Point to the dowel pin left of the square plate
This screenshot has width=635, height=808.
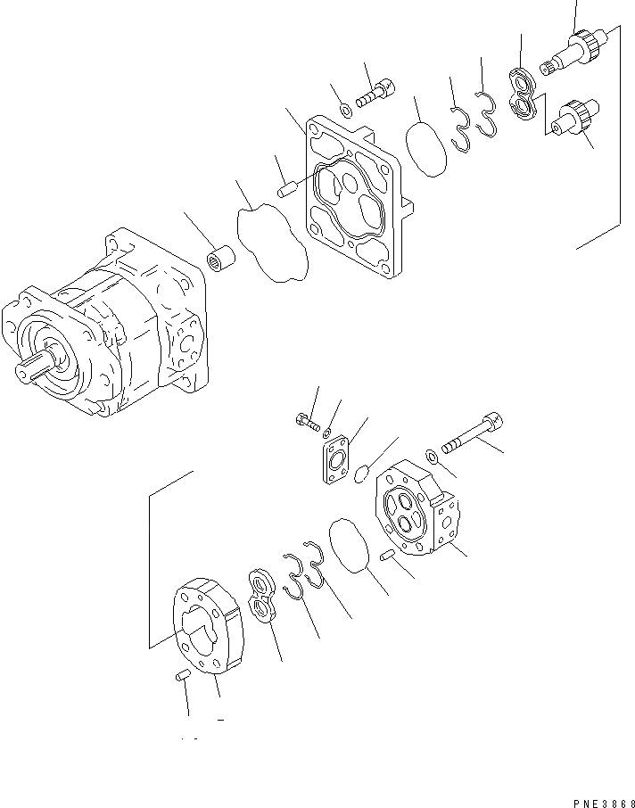click(287, 190)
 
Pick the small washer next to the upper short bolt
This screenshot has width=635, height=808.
click(344, 111)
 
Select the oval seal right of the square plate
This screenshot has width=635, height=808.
click(425, 151)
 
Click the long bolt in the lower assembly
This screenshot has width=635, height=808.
click(474, 433)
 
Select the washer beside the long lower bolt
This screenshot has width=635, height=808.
click(432, 458)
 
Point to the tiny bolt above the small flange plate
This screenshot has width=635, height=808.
click(306, 420)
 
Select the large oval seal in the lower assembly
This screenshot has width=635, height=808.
click(350, 546)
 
